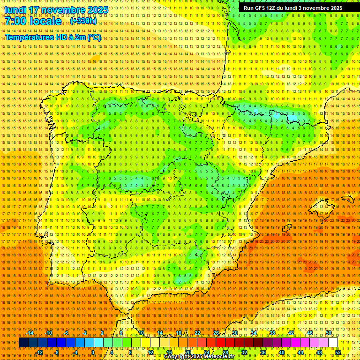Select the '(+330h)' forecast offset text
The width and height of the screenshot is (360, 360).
click(83, 21)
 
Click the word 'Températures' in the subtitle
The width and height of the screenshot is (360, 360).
click(29, 37)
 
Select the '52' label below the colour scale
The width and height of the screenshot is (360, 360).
click(338, 352)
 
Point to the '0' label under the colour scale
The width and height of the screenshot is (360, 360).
click(93, 352)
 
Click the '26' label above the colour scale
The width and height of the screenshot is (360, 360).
click(216, 333)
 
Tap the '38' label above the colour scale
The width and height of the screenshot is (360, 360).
click(272, 333)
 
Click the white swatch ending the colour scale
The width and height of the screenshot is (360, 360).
click(333, 343)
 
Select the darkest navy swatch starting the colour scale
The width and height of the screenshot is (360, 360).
click(23, 343)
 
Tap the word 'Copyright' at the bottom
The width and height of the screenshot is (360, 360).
click(177, 357)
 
